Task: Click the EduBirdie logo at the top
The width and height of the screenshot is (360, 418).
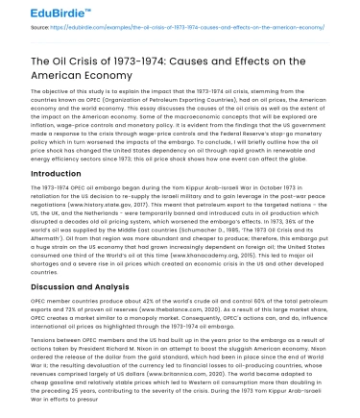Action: (37, 12)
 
